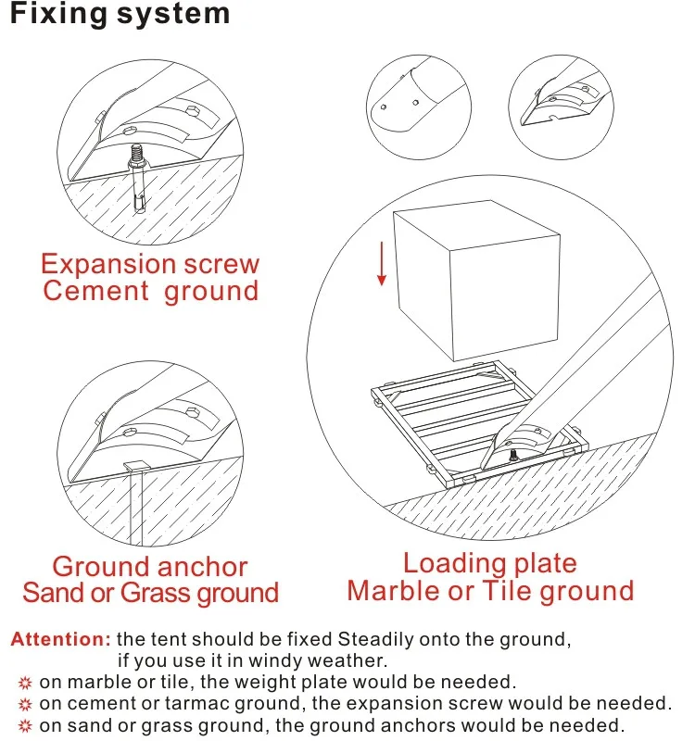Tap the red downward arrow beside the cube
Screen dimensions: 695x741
click(381, 267)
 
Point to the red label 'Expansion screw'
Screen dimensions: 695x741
click(150, 264)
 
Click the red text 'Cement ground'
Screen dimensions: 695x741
click(150, 292)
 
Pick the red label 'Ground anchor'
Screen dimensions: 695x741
click(150, 566)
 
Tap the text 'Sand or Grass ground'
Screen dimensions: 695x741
click(150, 593)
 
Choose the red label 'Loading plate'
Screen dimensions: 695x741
click(489, 563)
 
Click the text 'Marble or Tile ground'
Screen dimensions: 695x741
click(490, 591)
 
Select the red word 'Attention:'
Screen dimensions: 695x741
click(61, 639)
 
